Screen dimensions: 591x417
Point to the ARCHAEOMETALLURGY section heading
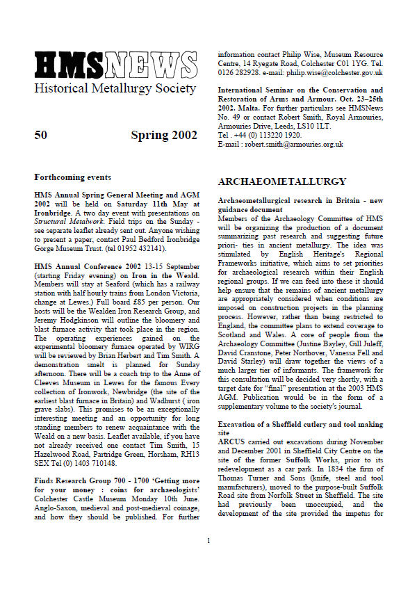coord(282,181)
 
